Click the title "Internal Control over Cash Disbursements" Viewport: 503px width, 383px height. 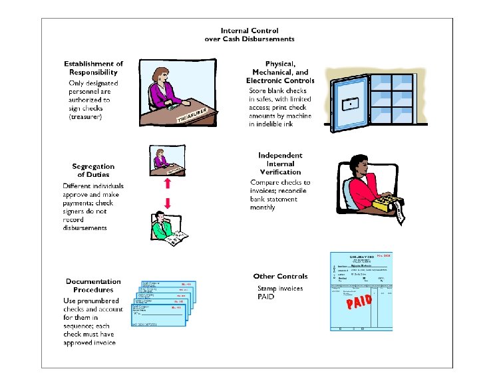250,35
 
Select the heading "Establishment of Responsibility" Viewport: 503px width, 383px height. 94,68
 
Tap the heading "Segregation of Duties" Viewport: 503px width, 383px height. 93,170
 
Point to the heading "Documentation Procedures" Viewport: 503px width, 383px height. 93,286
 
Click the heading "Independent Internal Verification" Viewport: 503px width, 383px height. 280,164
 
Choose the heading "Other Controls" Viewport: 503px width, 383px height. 280,276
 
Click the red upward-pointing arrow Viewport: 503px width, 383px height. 168,182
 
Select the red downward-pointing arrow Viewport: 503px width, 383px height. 168,202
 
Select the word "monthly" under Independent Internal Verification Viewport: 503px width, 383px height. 263,207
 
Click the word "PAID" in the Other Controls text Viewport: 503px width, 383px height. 266,297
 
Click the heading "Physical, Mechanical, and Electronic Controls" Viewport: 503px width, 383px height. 280,72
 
